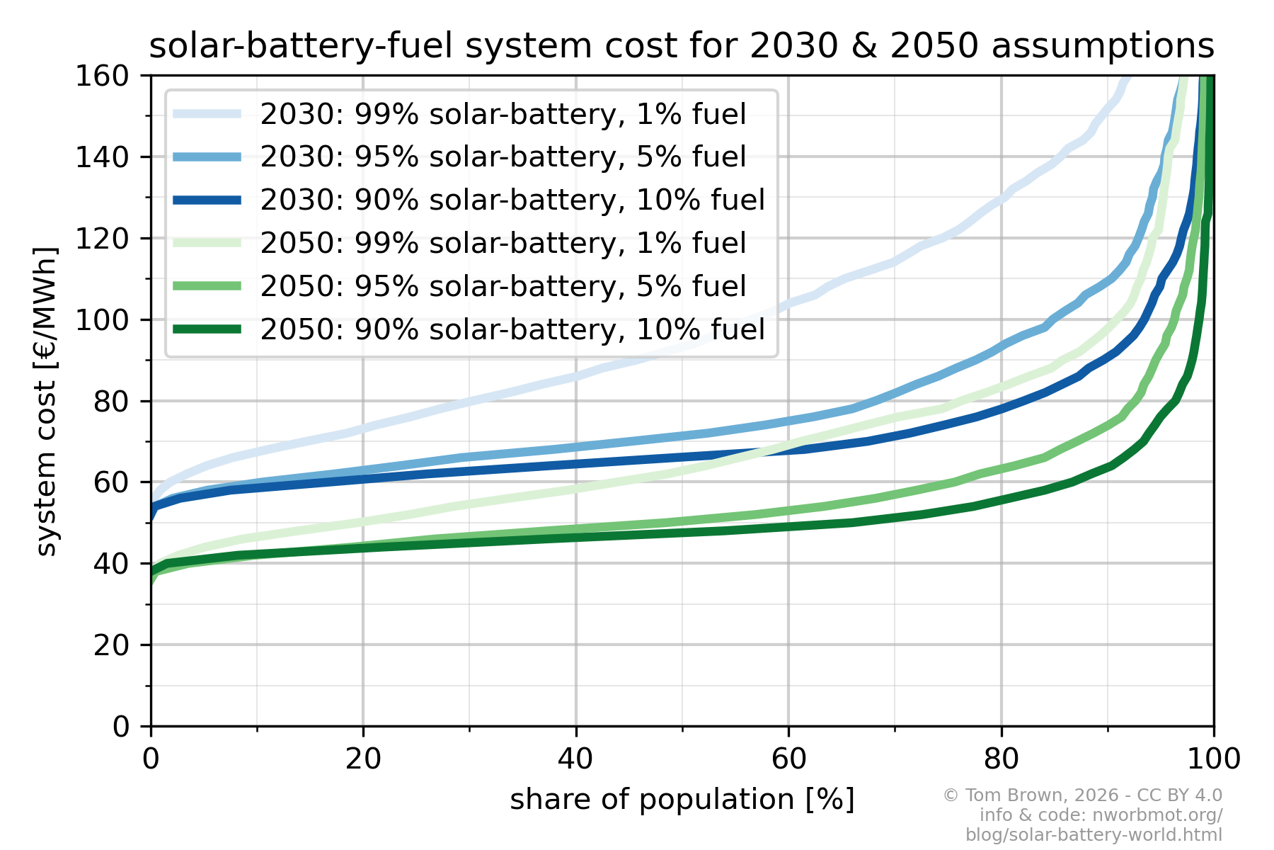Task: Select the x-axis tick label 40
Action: click(x=575, y=759)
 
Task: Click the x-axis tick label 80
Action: click(x=1001, y=759)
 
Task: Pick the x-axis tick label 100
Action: click(x=1213, y=759)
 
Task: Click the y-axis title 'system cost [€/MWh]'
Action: click(x=46, y=401)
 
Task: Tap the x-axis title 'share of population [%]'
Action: click(x=682, y=800)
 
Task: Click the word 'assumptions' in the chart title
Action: click(x=1103, y=47)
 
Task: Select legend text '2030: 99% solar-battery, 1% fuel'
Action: click(x=503, y=114)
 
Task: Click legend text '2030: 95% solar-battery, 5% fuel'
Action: click(x=503, y=157)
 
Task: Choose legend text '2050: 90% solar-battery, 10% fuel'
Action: click(x=512, y=329)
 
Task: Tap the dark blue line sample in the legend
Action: click(x=207, y=200)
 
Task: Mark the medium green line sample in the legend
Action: click(x=207, y=286)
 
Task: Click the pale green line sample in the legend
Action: click(x=207, y=243)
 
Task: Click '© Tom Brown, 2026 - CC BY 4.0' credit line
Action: click(x=1082, y=795)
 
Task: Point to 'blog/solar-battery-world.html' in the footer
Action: click(x=1094, y=835)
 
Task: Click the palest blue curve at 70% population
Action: click(x=895, y=262)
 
